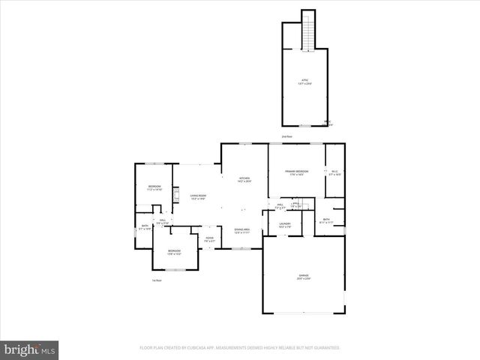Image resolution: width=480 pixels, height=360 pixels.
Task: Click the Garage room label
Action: click(x=304, y=277)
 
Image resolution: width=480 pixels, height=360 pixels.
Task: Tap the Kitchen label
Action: click(x=244, y=180)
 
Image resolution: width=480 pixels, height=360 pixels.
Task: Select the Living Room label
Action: click(x=199, y=197)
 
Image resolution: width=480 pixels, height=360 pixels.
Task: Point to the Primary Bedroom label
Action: click(x=297, y=173)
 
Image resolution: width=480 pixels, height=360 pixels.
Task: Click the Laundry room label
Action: click(x=285, y=224)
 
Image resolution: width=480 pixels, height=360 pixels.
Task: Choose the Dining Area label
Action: click(x=242, y=230)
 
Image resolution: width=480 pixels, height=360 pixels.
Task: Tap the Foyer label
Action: click(x=209, y=239)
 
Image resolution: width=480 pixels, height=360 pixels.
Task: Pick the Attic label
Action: click(x=304, y=80)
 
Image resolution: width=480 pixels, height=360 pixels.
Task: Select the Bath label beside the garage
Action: click(x=326, y=220)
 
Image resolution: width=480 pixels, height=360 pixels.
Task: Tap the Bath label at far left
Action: click(x=145, y=226)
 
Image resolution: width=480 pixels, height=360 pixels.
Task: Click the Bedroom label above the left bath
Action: click(x=154, y=187)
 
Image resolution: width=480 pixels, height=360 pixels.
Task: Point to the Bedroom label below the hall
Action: click(x=174, y=251)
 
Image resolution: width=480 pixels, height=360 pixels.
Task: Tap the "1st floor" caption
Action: click(x=157, y=280)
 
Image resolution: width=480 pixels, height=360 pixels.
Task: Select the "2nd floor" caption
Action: click(x=286, y=136)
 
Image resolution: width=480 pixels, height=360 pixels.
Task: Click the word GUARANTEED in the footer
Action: click(x=325, y=348)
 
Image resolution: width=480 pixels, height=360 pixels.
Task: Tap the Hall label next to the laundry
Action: click(x=280, y=205)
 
